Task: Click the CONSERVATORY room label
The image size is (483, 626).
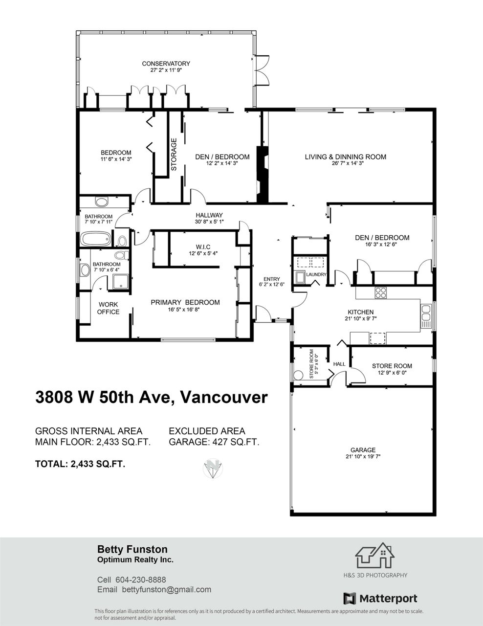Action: pos(166,64)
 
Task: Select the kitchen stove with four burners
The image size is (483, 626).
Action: pos(380,292)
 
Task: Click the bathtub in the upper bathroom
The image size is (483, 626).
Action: pos(95,239)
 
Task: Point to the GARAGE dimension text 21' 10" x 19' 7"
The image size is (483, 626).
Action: pos(363,456)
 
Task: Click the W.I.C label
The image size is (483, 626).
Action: pos(203,247)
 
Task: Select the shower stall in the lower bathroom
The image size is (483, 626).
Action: pos(121,281)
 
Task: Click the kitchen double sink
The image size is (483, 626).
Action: pos(426,313)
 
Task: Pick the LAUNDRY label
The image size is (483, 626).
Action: pos(316,274)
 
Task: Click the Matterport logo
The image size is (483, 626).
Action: pos(380,598)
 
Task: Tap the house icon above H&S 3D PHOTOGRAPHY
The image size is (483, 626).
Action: pos(375,555)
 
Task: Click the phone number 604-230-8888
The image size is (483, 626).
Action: pos(140,580)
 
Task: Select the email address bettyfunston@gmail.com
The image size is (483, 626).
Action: pos(166,590)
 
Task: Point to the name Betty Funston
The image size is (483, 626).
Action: pos(132,549)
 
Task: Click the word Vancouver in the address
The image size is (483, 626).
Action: pos(224,397)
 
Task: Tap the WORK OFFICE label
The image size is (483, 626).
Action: pos(108,308)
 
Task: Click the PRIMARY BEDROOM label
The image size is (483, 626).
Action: pos(185,302)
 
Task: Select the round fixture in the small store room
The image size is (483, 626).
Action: pos(298,375)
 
